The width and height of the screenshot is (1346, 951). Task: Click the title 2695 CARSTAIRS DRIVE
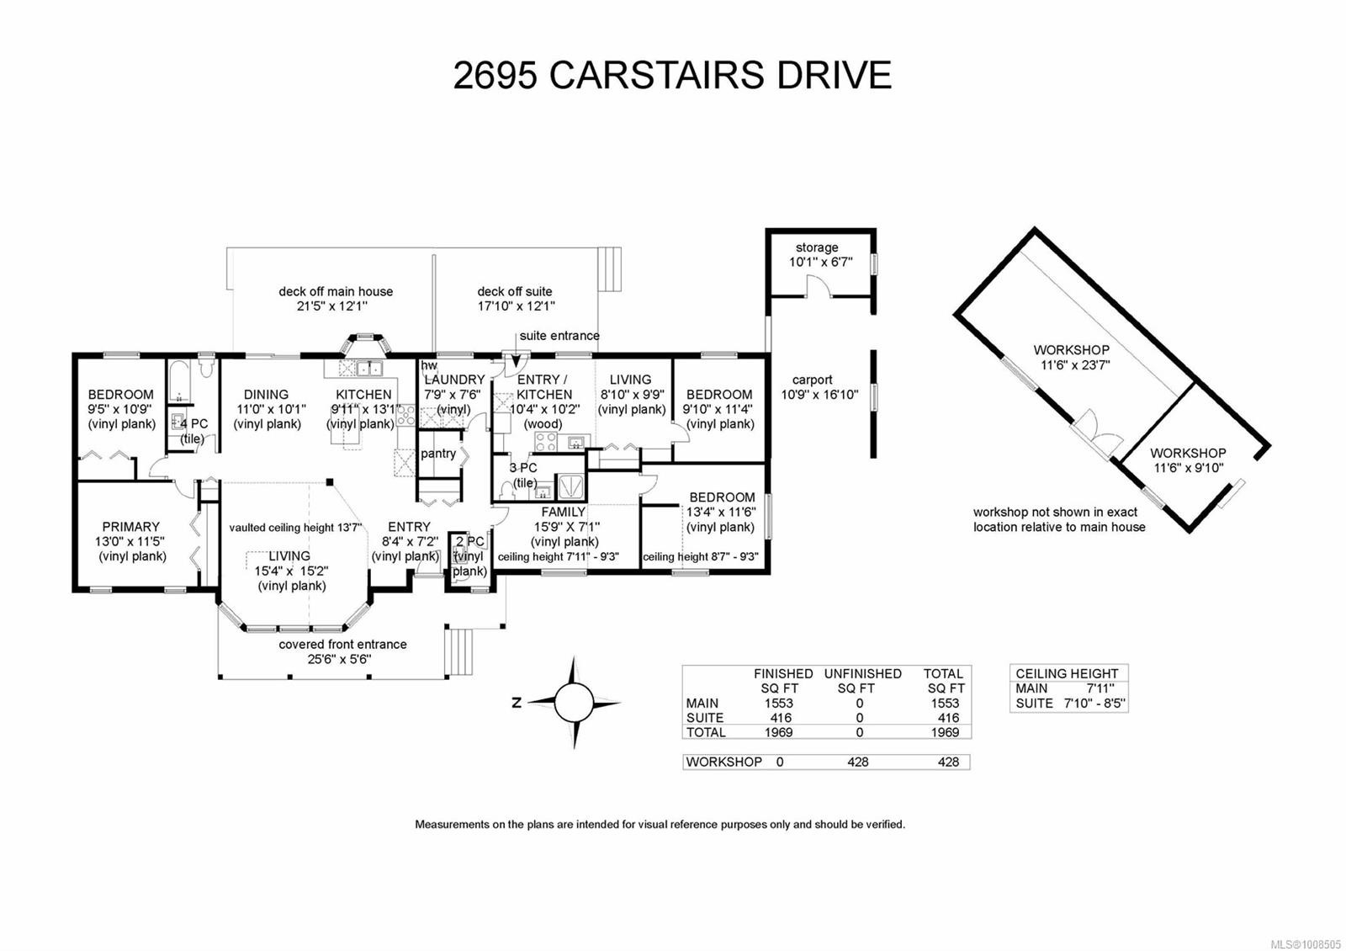pyautogui.click(x=672, y=75)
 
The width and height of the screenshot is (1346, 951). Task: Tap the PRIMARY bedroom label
pyautogui.click(x=131, y=527)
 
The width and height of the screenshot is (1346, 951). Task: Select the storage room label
pyautogui.click(x=817, y=247)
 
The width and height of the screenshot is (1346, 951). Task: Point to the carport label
pyautogui.click(x=812, y=380)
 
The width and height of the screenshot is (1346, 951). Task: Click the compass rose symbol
pyautogui.click(x=575, y=701)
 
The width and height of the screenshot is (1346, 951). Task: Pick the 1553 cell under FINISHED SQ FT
pyautogui.click(x=778, y=703)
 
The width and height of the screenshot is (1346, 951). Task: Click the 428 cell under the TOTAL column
pyautogui.click(x=947, y=762)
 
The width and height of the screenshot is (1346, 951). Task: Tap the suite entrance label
pyautogui.click(x=559, y=336)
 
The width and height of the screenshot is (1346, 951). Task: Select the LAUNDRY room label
pyautogui.click(x=454, y=380)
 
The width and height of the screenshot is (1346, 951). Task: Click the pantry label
pyautogui.click(x=438, y=454)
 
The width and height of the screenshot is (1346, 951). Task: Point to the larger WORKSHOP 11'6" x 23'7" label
pyautogui.click(x=1072, y=350)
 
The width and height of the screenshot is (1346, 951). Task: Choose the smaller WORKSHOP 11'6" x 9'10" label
pyautogui.click(x=1188, y=453)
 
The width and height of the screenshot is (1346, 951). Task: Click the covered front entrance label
pyautogui.click(x=343, y=645)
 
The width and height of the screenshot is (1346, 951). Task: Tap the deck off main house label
pyautogui.click(x=336, y=292)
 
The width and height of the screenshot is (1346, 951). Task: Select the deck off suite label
pyautogui.click(x=515, y=292)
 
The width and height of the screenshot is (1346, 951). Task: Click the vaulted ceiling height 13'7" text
pyautogui.click(x=295, y=528)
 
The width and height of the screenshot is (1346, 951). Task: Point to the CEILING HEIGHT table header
pyautogui.click(x=1067, y=673)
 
